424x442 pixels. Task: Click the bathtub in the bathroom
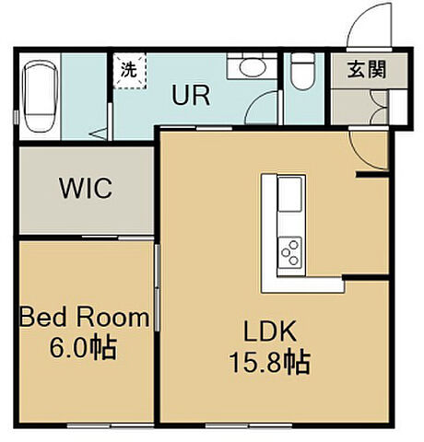(41, 97)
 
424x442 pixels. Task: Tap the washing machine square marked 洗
(129, 71)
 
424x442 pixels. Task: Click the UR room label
(191, 95)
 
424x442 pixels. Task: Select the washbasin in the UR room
(253, 65)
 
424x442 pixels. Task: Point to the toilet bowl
(303, 71)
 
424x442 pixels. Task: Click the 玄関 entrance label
(367, 69)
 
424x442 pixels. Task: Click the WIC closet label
(86, 188)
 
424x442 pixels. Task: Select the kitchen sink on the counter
(289, 193)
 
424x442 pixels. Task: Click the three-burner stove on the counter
(289, 252)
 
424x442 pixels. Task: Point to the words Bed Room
(85, 317)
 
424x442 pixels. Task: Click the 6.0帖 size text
(83, 348)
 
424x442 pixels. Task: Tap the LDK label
(270, 331)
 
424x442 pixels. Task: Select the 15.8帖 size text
(269, 363)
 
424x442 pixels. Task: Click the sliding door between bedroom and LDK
(157, 287)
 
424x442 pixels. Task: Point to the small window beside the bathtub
(16, 117)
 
